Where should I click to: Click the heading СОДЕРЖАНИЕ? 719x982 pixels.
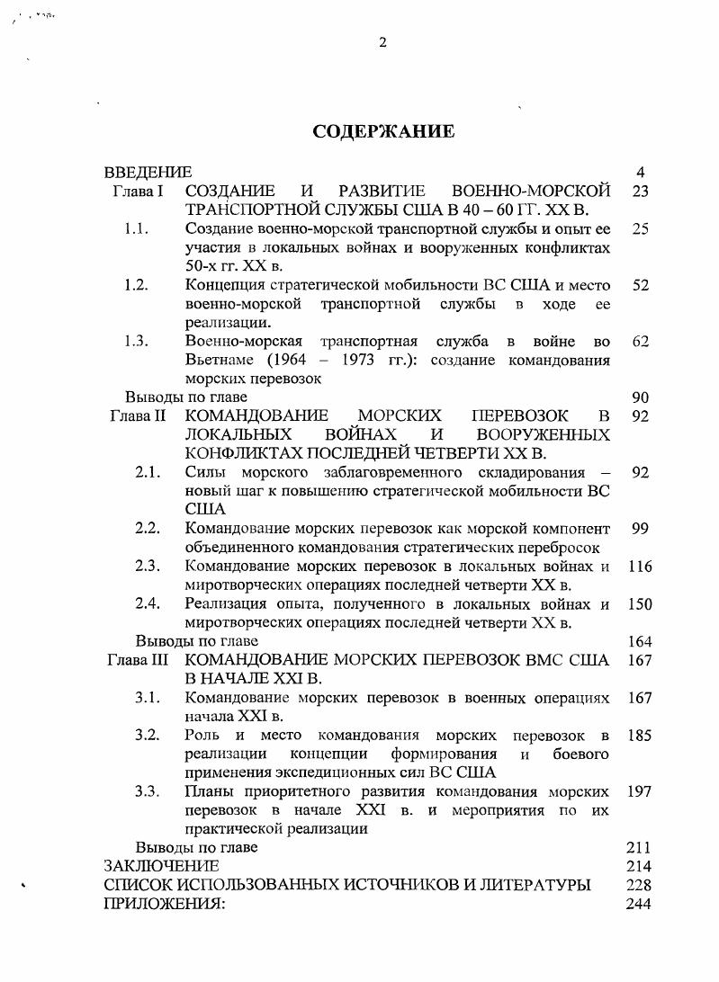[383, 132]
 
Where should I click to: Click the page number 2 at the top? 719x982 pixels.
[382, 42]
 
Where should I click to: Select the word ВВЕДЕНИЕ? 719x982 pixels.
[148, 173]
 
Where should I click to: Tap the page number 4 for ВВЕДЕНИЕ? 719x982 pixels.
[640, 173]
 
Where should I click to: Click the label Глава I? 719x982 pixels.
[138, 192]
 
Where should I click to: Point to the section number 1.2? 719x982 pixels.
[136, 285]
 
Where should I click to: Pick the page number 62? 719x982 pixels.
[640, 342]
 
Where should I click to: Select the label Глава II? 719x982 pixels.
[138, 416]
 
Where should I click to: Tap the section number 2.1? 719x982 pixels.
[148, 473]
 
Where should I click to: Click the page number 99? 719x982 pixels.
[640, 529]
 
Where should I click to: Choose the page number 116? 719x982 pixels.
[640, 567]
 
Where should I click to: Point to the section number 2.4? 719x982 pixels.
[148, 603]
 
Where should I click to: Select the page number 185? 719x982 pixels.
[640, 735]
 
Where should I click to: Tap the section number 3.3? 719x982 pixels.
[148, 791]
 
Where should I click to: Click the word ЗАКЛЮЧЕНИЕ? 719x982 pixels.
[161, 866]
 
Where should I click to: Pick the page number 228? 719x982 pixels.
[638, 885]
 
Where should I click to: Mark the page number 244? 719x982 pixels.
[638, 904]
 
